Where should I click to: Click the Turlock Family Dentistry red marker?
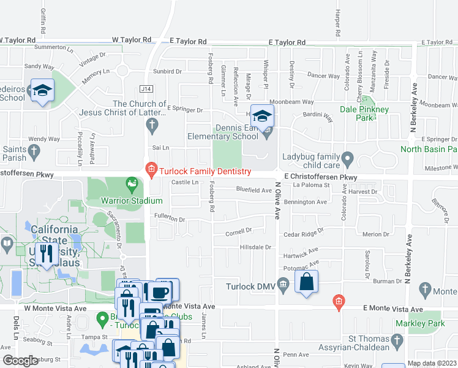(151, 167)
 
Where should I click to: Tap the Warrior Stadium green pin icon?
(131, 182)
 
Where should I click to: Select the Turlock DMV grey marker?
(283, 284)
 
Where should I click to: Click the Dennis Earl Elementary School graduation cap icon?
(262, 116)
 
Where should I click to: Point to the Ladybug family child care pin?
(348, 160)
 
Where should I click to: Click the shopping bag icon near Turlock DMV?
(307, 283)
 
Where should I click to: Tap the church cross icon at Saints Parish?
(34, 150)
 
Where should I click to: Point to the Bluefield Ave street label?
(254, 190)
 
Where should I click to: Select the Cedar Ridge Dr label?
(302, 234)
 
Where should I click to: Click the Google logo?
(20, 361)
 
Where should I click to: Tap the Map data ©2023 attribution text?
(432, 363)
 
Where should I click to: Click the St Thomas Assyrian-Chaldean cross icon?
(397, 340)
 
